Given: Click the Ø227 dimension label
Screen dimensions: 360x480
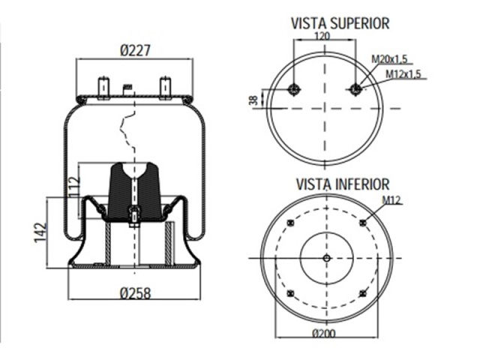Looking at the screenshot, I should (136, 51).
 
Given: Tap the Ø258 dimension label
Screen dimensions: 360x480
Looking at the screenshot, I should (136, 293).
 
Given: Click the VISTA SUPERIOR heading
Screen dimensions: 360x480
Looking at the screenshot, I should (340, 23).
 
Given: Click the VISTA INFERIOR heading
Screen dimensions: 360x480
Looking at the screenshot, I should (342, 184).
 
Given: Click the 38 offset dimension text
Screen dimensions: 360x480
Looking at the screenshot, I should (253, 99).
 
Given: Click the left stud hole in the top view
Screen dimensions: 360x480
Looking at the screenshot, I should (295, 90).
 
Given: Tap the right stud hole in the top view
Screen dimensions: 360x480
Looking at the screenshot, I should (356, 90).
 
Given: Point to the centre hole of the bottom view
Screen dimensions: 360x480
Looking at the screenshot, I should (326, 259).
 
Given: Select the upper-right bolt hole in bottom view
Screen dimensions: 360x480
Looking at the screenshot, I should (363, 223).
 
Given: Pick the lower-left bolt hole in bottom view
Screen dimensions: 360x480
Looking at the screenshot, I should (290, 294).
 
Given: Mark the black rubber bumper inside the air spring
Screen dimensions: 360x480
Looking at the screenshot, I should (134, 191).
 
